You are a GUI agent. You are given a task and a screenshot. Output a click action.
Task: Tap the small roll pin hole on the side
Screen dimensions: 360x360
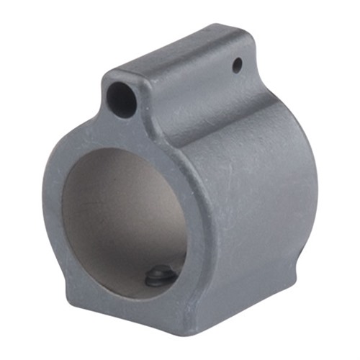(x=237, y=66)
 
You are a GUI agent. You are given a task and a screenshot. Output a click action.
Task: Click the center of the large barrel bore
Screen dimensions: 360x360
(x=126, y=216)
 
